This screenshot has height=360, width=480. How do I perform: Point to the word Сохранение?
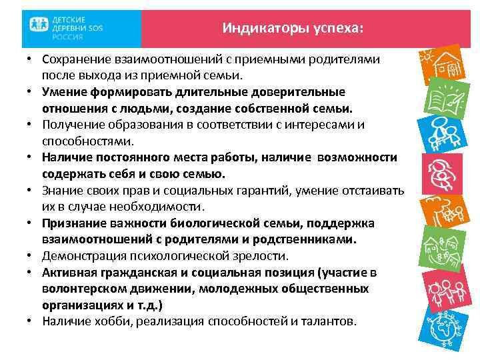[77, 60]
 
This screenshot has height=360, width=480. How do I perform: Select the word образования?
[138, 125]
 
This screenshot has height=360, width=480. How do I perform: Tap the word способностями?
[87, 141]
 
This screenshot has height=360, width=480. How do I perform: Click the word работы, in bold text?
[228, 157]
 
